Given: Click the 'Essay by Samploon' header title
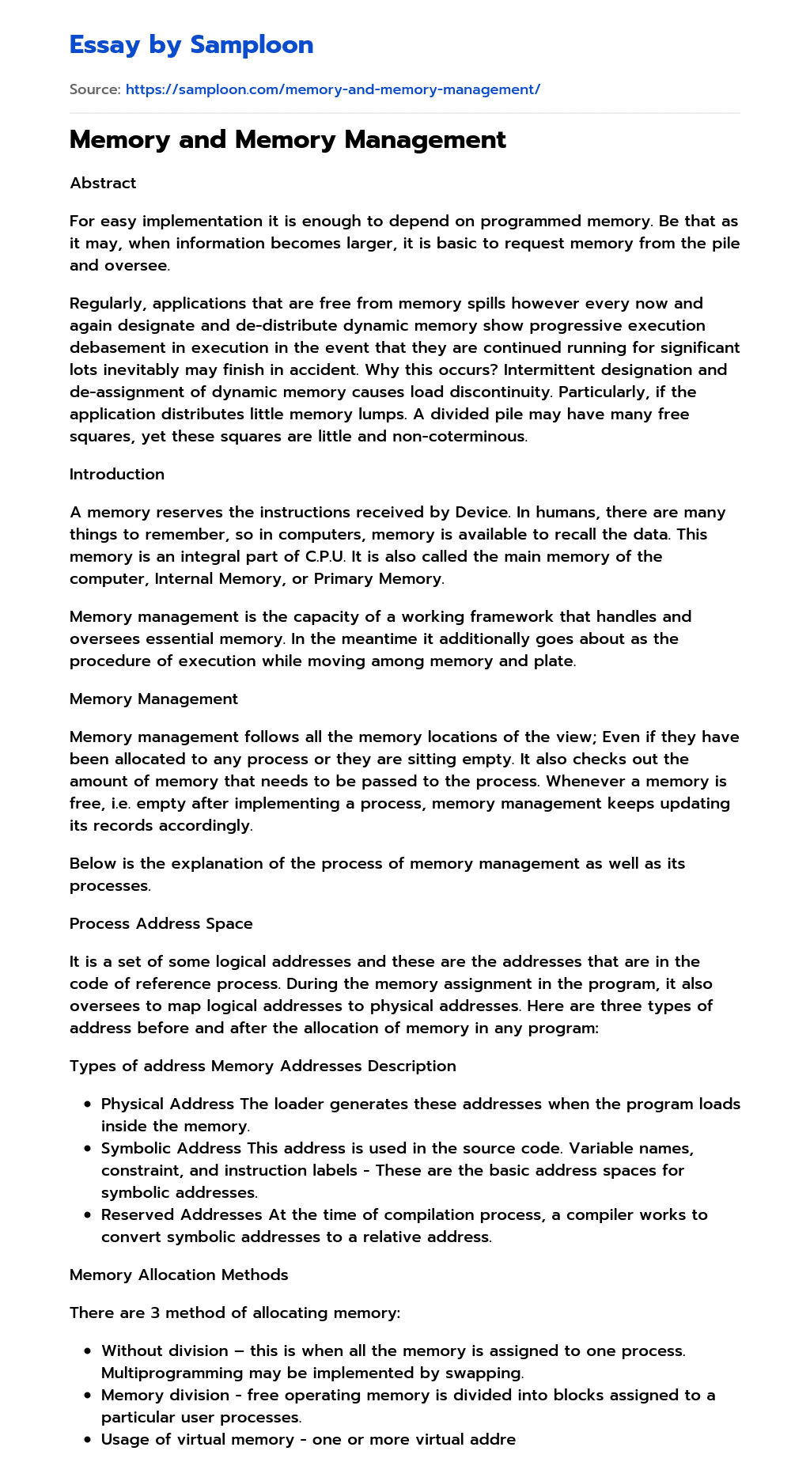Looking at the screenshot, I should point(191,45).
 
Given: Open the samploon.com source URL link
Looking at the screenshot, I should point(332,89).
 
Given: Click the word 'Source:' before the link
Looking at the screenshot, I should point(95,89).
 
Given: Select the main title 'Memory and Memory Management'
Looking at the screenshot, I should point(287,140).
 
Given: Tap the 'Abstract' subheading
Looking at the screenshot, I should point(103,183).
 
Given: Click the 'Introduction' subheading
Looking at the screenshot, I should point(117,474).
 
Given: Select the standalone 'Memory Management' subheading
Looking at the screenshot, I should point(153,699).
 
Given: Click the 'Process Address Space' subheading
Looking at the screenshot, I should point(161,923).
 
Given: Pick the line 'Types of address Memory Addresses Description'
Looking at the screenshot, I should point(263,1066).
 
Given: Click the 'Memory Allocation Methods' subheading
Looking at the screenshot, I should point(179,1275).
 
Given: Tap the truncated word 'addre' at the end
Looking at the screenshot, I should point(495,1439).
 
